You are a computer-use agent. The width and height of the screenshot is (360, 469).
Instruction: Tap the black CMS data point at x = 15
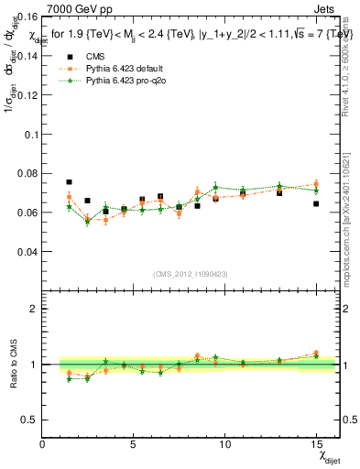316,203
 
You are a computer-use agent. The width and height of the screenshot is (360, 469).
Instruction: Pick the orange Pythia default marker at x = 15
316,184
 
